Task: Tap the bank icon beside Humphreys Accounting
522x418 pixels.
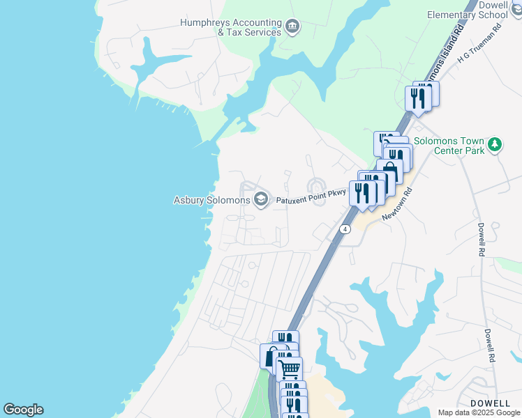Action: (x=292, y=27)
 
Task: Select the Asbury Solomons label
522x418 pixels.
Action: (x=211, y=200)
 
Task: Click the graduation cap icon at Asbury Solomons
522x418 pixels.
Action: (x=261, y=200)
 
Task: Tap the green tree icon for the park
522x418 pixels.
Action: (x=495, y=144)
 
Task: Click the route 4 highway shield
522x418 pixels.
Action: (x=345, y=229)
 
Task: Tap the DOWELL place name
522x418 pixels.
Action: (x=489, y=403)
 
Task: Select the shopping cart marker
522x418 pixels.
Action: (x=289, y=367)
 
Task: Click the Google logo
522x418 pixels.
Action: (x=23, y=410)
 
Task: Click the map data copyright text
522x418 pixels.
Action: (x=479, y=412)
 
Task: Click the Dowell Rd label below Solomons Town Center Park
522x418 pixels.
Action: (x=481, y=240)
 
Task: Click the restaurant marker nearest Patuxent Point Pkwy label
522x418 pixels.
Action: (x=361, y=192)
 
